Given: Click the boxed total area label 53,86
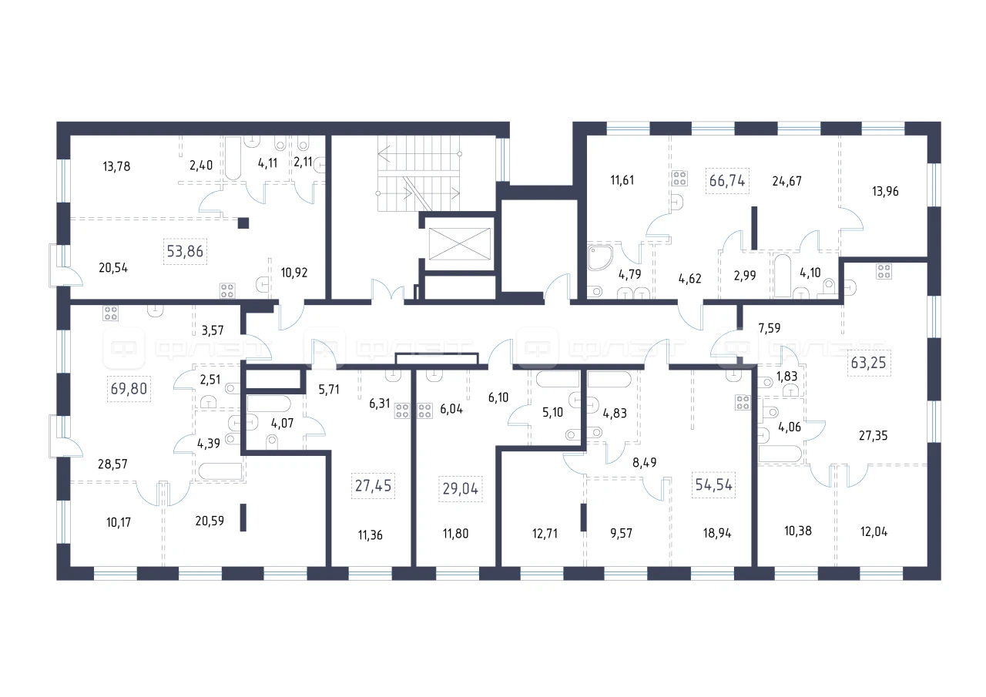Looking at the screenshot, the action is click(185, 251).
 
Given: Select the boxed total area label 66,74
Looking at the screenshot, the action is click(727, 180).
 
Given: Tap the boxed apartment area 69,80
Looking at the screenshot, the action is click(129, 389).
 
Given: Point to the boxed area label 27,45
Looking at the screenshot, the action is click(374, 486).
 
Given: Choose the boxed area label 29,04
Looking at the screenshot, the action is click(461, 489).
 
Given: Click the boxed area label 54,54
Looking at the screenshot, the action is click(713, 484).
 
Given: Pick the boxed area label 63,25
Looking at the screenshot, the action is click(868, 363).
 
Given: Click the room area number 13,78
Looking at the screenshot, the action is click(116, 166).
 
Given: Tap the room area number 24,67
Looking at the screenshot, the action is click(787, 181).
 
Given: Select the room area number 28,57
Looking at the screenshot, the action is click(112, 464).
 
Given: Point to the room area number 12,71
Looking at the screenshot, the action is click(545, 534).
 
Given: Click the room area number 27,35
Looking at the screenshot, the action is click(874, 436).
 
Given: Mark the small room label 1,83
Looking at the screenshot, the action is click(786, 376).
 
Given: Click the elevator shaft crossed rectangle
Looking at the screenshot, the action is click(460, 243).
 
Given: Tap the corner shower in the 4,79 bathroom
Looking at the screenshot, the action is click(600, 258).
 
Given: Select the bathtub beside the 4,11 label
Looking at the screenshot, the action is click(233, 158).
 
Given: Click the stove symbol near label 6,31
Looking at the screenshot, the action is click(402, 410).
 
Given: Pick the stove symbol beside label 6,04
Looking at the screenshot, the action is click(424, 410).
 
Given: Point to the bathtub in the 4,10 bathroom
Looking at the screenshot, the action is click(783, 276).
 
